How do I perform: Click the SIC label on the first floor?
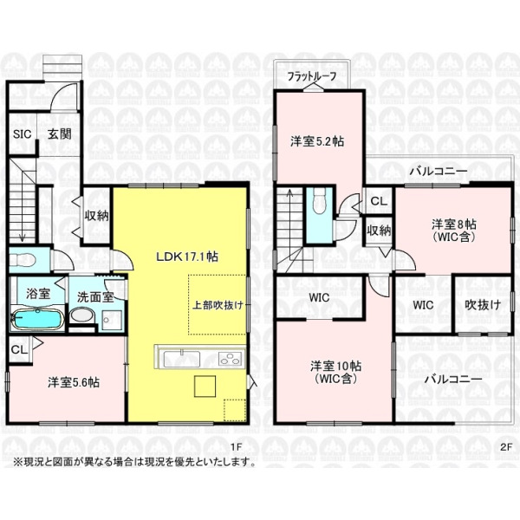(23, 134)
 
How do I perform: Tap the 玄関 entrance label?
(60, 134)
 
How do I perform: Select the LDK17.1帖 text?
(187, 257)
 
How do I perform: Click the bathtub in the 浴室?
(37, 319)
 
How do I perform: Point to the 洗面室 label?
(95, 297)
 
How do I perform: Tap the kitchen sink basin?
(182, 359)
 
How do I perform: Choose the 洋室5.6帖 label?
(74, 382)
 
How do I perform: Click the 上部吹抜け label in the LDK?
(218, 305)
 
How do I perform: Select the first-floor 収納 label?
(96, 216)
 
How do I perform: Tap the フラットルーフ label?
(312, 77)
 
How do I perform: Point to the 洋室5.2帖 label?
(317, 141)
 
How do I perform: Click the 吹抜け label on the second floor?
(483, 305)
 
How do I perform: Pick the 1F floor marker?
(237, 447)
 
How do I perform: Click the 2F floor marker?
(506, 447)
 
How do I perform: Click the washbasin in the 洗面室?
(82, 315)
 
